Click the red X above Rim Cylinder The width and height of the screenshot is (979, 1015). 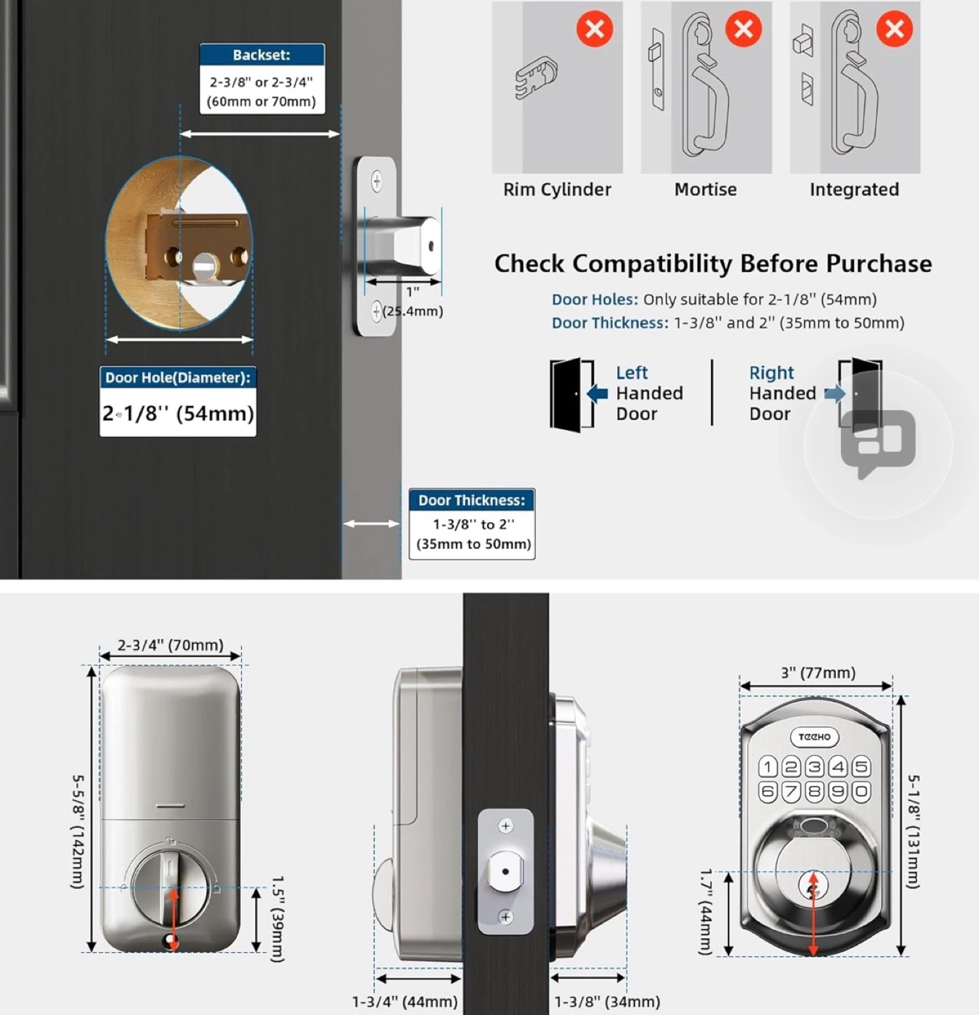click(x=595, y=29)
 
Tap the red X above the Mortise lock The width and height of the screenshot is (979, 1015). click(x=744, y=29)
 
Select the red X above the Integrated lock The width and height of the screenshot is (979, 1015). click(x=894, y=29)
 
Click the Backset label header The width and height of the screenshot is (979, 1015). click(x=261, y=55)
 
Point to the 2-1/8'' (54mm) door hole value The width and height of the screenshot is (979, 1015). click(x=178, y=413)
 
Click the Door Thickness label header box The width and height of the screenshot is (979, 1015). click(x=472, y=500)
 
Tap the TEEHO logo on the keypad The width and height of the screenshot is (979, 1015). click(x=814, y=737)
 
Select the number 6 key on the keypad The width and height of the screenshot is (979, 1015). click(x=768, y=792)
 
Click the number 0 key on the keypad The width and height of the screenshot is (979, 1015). click(x=861, y=792)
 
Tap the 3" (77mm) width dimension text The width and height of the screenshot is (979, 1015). click(x=818, y=673)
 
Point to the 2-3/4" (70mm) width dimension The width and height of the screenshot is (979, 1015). click(x=170, y=645)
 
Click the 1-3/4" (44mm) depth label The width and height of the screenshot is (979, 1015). click(x=405, y=1002)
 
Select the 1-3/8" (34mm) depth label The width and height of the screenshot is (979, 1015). click(x=607, y=1002)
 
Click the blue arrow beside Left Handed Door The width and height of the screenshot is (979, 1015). click(x=597, y=393)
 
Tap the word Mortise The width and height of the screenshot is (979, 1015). click(x=706, y=190)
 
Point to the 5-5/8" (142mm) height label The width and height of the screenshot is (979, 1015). click(x=78, y=832)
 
